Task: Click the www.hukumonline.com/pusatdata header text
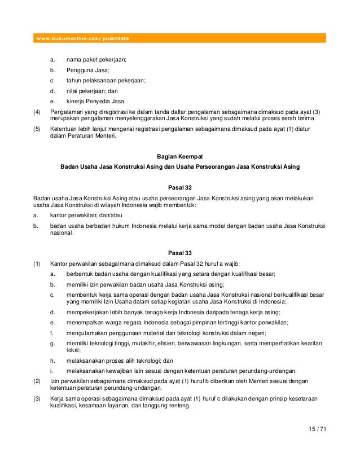pos(82,38)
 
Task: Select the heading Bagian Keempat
pos(179,156)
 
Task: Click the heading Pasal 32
pos(179,187)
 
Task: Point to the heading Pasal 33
pos(179,252)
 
